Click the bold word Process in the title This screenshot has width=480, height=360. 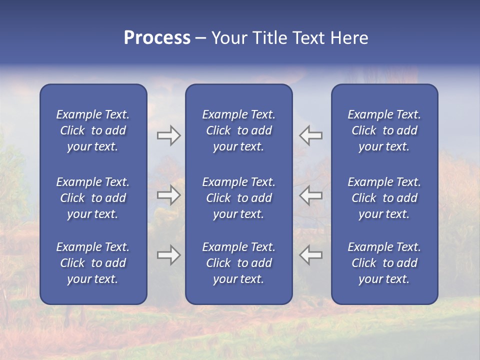[157, 38]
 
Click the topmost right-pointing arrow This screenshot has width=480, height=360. [168, 135]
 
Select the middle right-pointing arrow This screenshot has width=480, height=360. [168, 195]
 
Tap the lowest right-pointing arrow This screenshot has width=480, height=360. [168, 255]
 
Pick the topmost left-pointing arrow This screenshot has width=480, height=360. [310, 135]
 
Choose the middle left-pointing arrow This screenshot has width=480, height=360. [310, 195]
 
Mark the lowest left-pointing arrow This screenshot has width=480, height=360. [310, 255]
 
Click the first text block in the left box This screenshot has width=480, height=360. [93, 130]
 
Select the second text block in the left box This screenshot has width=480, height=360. [93, 198]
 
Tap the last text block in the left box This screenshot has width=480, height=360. [93, 263]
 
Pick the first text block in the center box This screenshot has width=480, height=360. [239, 130]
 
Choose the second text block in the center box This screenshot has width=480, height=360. [239, 198]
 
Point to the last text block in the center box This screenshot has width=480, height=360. [239, 263]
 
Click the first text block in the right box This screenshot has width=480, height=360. [384, 130]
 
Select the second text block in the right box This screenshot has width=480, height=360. [384, 198]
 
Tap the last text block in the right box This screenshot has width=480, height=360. [384, 263]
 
